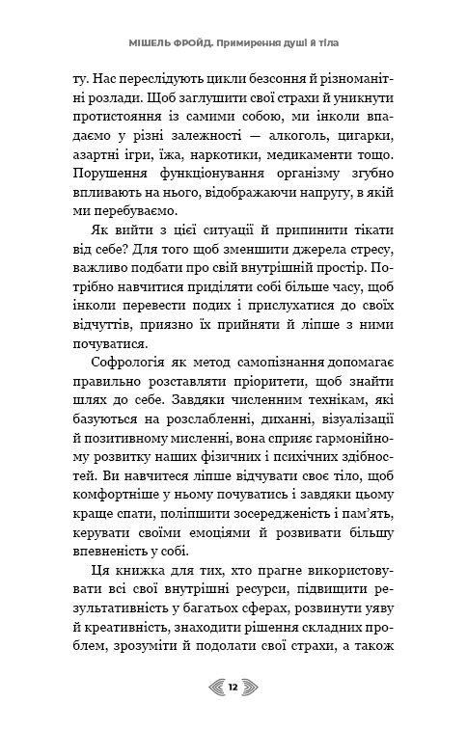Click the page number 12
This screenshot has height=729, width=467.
click(x=233, y=688)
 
